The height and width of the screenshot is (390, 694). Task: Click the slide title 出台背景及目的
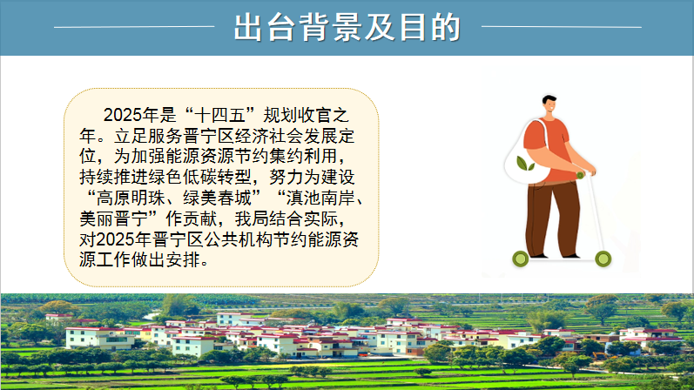point(347,28)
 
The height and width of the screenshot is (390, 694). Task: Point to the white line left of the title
point(134,27)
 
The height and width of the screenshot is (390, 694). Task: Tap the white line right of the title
point(562,27)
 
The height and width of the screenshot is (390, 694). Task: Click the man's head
point(549,104)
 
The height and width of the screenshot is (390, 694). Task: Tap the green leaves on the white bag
point(525,164)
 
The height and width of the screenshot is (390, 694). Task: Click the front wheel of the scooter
point(603,259)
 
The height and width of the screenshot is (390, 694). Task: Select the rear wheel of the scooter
point(521,259)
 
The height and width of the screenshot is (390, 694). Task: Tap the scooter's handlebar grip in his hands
point(580,175)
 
